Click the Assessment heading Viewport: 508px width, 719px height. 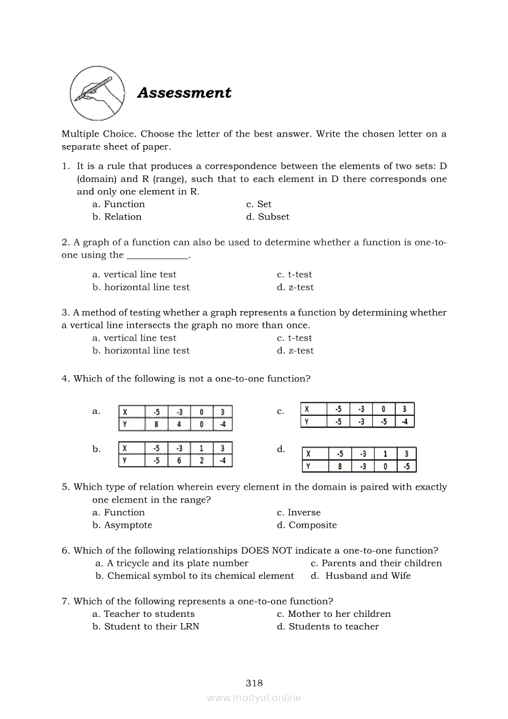[184, 93]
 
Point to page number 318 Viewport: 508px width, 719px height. [254, 683]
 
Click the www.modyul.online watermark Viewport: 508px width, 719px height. [254, 697]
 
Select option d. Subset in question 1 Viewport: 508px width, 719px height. [268, 216]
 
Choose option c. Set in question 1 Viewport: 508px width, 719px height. [258, 204]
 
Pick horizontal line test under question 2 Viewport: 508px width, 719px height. [141, 287]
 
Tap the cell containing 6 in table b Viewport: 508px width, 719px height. [179, 460]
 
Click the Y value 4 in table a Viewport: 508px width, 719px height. [179, 424]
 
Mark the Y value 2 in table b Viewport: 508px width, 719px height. [201, 460]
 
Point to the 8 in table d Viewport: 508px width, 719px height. [339, 466]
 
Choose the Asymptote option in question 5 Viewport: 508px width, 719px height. [122, 525]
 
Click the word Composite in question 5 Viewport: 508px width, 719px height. [313, 525]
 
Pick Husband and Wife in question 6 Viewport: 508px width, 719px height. [360, 576]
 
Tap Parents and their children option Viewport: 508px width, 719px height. [376, 563]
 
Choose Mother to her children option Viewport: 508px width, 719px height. [334, 614]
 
